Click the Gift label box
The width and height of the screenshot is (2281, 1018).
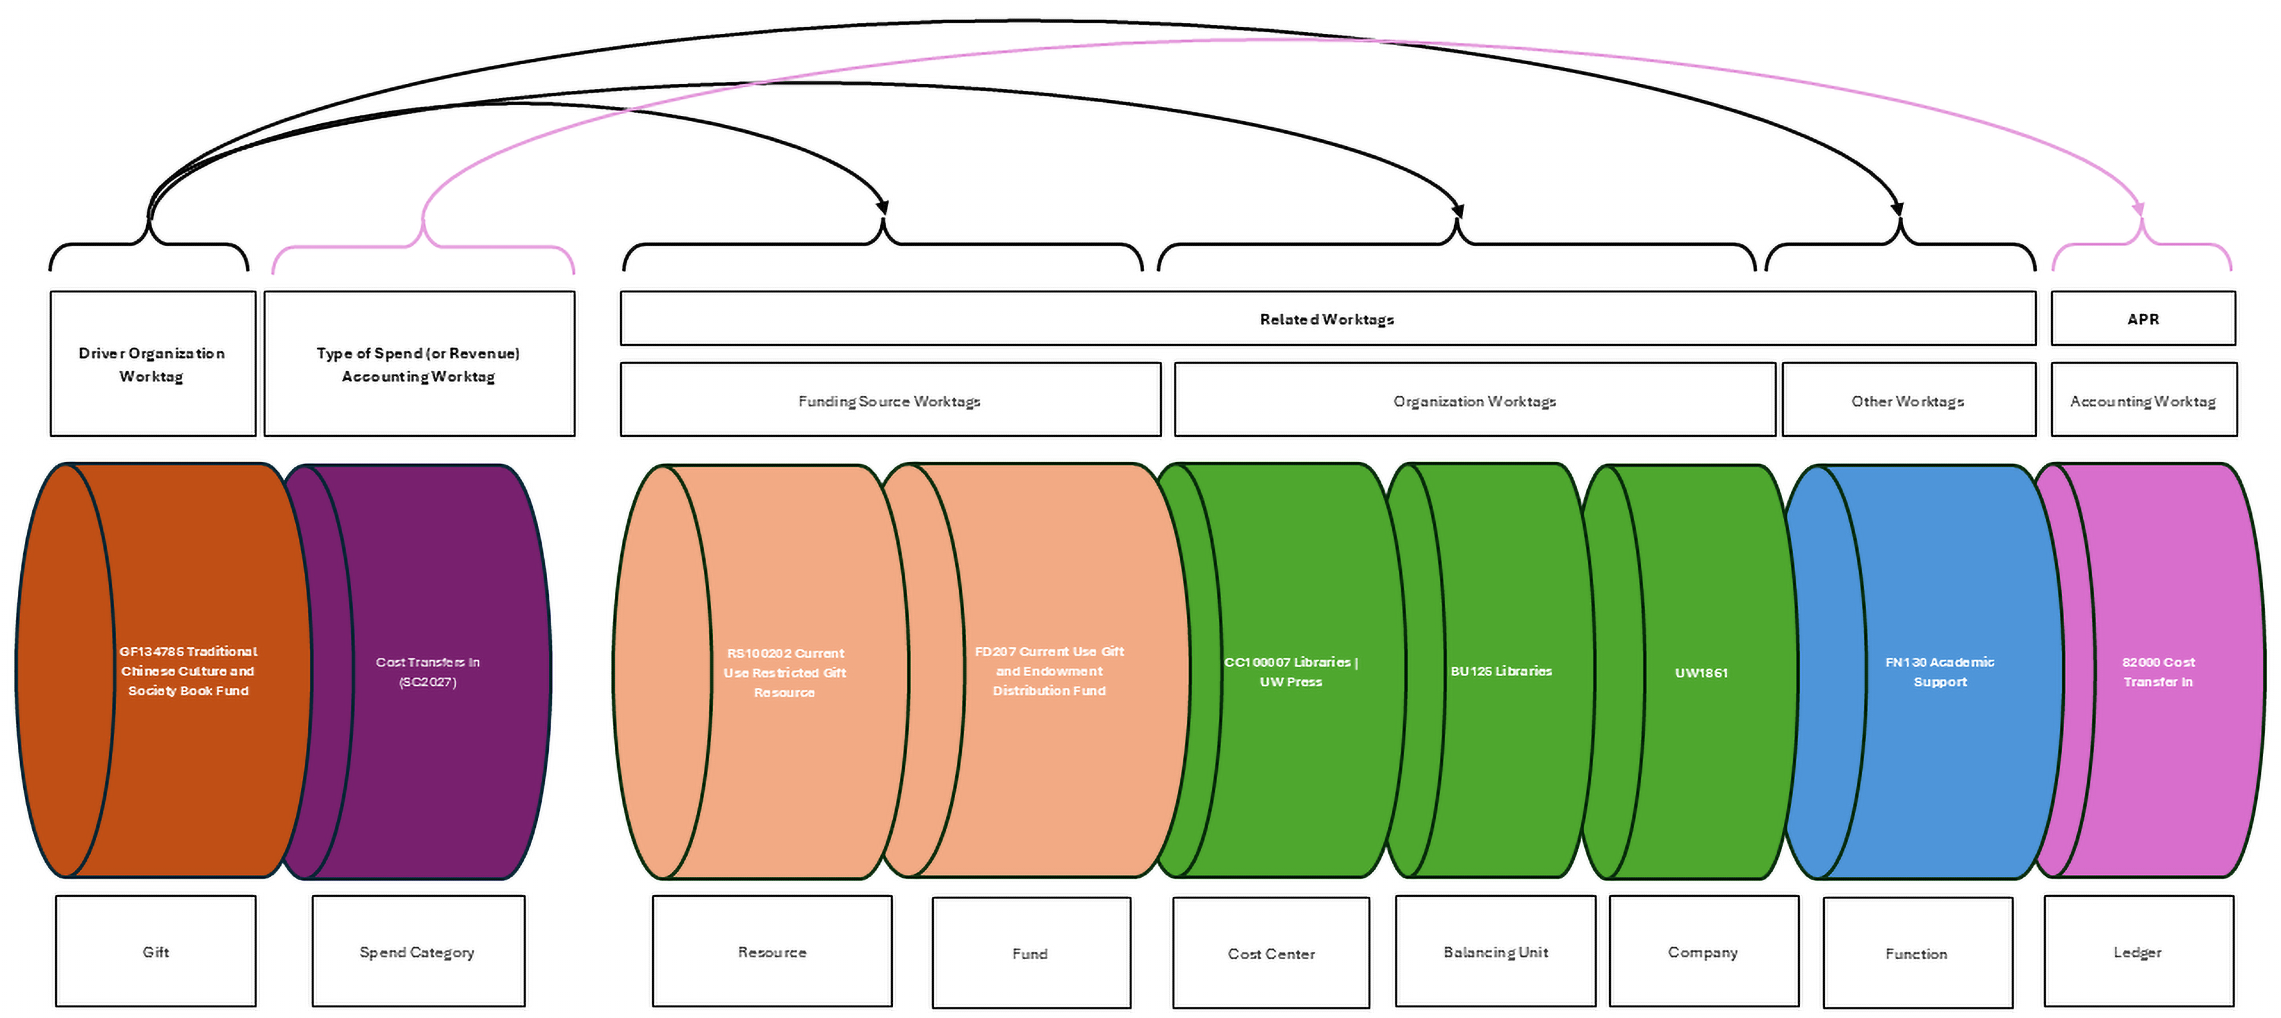click(155, 951)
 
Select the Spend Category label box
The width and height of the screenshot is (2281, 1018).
click(418, 951)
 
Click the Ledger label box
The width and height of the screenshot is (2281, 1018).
click(2138, 951)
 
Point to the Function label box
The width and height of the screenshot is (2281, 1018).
click(1916, 953)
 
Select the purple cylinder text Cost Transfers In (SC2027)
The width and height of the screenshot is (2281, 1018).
click(428, 672)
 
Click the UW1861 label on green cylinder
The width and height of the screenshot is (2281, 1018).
click(1701, 673)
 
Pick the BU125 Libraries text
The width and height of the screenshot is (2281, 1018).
click(1501, 671)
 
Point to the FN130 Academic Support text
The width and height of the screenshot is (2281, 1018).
click(1939, 672)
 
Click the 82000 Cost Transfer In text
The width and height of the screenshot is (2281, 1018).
click(2158, 672)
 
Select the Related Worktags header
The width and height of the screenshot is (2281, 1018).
click(1326, 319)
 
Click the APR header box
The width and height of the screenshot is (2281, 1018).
click(2143, 319)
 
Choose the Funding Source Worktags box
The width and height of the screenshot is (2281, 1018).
click(889, 401)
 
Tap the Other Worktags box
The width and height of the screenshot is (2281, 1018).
click(1907, 401)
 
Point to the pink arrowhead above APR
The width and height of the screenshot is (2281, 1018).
click(2138, 209)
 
